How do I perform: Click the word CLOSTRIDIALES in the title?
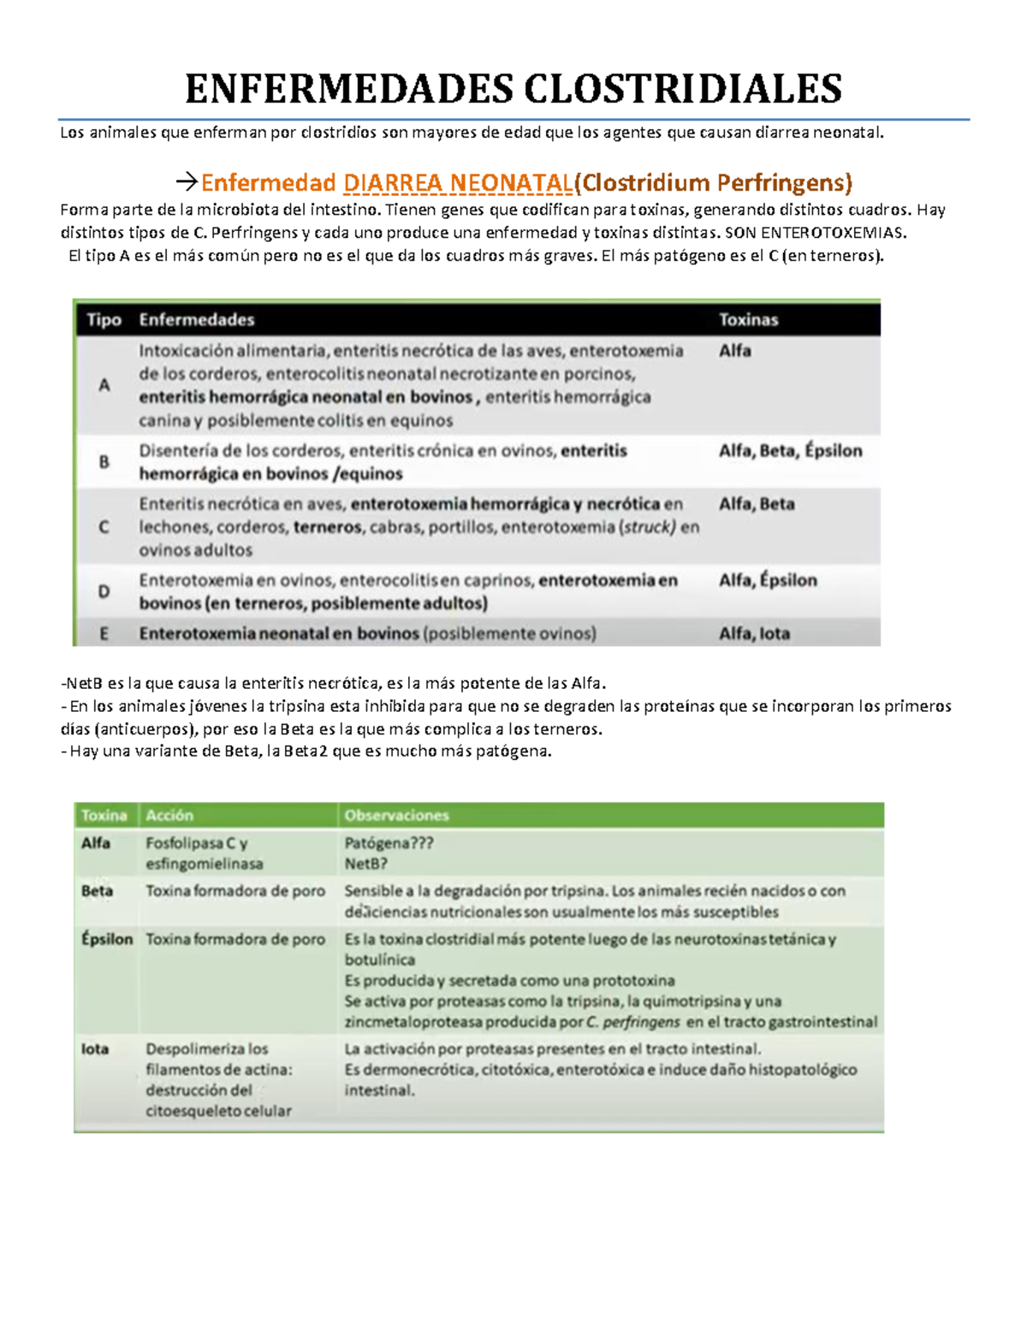click(682, 89)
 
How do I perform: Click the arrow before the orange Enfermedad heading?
click(186, 182)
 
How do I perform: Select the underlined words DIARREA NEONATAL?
click(457, 183)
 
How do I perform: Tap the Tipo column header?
click(104, 320)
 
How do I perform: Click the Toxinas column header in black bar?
click(748, 320)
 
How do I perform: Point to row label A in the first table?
click(104, 385)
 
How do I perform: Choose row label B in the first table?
click(104, 462)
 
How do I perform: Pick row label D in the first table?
click(104, 591)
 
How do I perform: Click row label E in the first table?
click(104, 634)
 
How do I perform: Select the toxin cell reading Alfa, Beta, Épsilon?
click(790, 451)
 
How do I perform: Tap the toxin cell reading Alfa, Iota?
click(754, 634)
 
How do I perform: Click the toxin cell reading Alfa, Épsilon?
click(768, 580)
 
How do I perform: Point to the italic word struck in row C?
click(648, 527)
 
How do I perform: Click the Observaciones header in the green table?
click(396, 816)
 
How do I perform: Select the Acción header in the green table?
click(169, 816)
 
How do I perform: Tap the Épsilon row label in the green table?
click(107, 940)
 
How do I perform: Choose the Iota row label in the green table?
click(95, 1049)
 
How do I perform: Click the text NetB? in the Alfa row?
click(365, 864)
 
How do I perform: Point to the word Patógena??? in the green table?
click(389, 843)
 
